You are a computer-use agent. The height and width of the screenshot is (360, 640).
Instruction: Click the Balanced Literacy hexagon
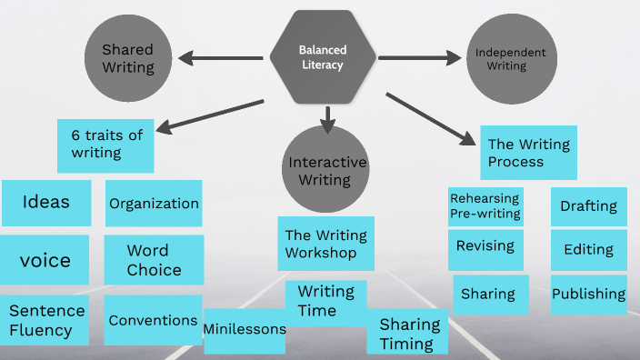click(x=323, y=57)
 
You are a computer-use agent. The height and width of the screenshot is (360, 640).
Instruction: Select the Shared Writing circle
click(x=127, y=58)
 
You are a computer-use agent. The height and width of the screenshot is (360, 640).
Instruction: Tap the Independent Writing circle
click(x=510, y=59)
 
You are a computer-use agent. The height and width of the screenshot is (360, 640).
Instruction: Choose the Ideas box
click(x=46, y=202)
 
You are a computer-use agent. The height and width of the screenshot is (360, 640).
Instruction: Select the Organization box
click(x=154, y=204)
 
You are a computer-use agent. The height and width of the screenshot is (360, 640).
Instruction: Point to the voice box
click(x=45, y=260)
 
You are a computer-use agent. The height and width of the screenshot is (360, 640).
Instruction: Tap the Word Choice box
click(x=153, y=260)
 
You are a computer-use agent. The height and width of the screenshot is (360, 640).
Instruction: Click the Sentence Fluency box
click(x=45, y=319)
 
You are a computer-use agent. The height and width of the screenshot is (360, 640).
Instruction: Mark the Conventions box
click(x=153, y=320)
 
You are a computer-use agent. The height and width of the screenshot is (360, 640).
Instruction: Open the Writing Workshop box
click(x=326, y=244)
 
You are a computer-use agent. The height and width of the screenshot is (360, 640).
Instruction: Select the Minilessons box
click(x=244, y=326)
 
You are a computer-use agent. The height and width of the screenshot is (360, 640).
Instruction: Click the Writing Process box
click(x=528, y=152)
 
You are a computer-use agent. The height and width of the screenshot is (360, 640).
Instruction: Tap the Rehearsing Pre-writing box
click(x=485, y=206)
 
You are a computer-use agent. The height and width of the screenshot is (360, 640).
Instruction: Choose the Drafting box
click(x=588, y=206)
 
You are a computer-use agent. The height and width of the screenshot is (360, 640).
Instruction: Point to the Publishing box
click(x=588, y=295)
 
